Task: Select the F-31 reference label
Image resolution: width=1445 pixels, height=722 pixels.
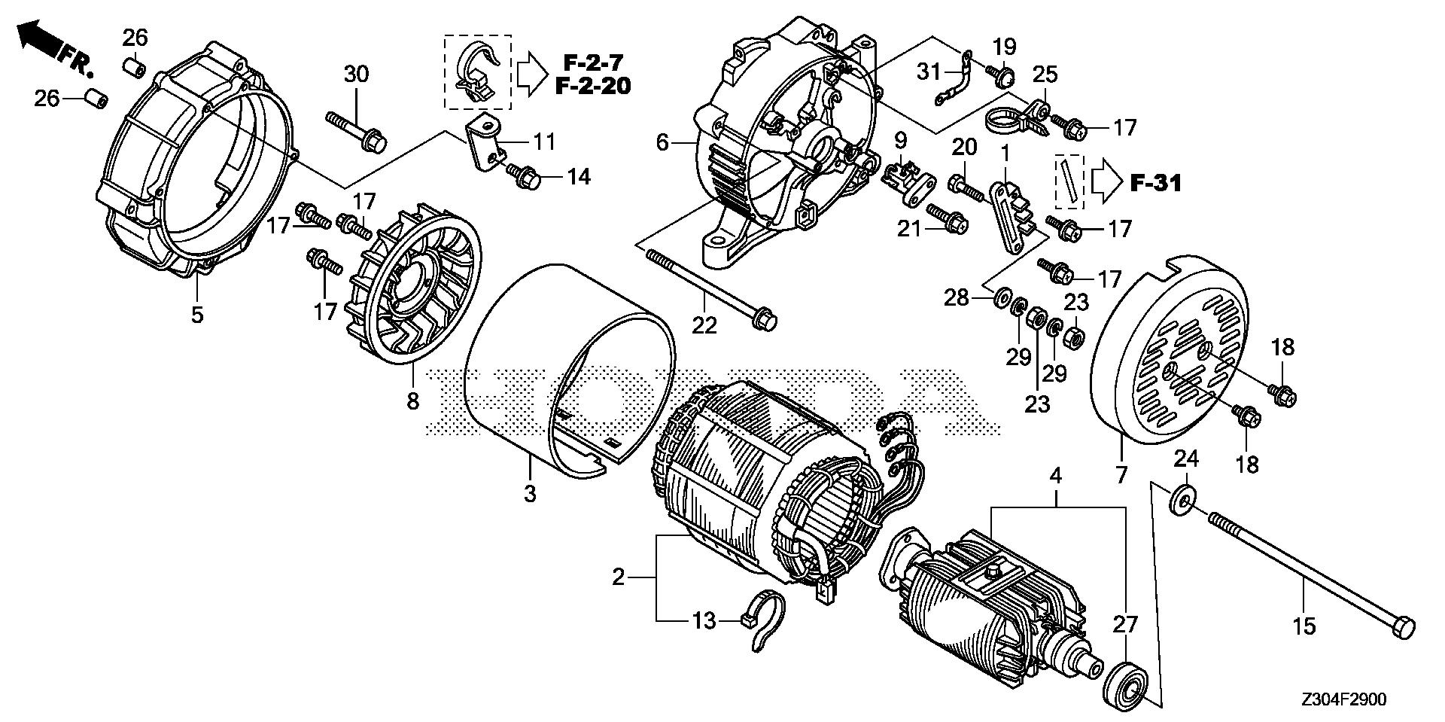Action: [x=1155, y=182]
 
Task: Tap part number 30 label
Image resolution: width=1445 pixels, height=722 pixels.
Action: [x=357, y=74]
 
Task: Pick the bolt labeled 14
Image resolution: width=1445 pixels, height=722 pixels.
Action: [x=524, y=178]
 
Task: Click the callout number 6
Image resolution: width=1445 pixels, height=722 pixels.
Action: [x=662, y=142]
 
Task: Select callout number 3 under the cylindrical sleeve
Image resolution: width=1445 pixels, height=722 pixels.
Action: [x=530, y=494]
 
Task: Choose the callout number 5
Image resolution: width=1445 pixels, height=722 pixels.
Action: [x=196, y=313]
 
